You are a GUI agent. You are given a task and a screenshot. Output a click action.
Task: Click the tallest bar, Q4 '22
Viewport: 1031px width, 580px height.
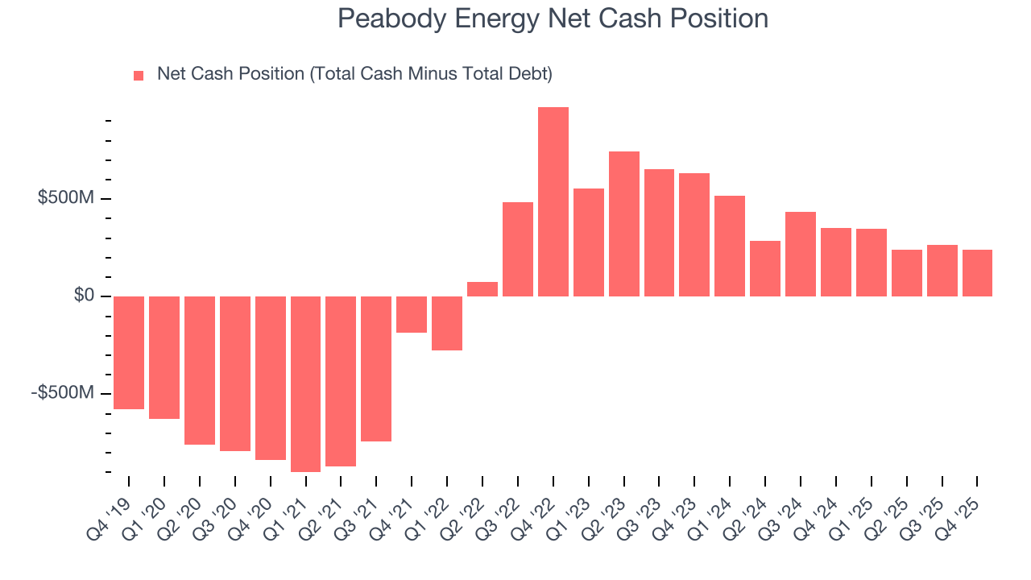[x=553, y=201]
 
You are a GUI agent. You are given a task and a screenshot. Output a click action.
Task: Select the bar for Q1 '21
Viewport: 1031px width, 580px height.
[x=306, y=383]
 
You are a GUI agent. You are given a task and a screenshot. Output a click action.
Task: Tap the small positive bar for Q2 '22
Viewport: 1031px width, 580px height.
[x=482, y=289]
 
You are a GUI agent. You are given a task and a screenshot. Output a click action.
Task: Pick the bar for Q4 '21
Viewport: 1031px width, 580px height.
[x=412, y=314]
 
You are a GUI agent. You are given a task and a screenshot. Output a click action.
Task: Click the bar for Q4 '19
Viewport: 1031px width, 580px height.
[x=129, y=352]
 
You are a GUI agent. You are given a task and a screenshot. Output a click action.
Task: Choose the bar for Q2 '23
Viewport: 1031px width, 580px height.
[x=624, y=224]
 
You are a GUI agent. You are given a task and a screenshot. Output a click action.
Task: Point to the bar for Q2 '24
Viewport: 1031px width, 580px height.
[x=765, y=268]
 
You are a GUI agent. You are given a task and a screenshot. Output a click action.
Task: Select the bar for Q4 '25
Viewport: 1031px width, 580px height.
[x=977, y=273]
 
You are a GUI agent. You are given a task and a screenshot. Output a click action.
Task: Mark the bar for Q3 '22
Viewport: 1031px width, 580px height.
[x=518, y=249]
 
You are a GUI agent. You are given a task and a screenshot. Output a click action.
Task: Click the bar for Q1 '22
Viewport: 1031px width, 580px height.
[x=447, y=323]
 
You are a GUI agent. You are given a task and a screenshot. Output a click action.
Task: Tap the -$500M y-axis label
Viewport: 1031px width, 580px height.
[x=63, y=393]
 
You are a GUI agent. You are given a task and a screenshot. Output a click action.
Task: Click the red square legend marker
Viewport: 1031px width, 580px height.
[x=139, y=76]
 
